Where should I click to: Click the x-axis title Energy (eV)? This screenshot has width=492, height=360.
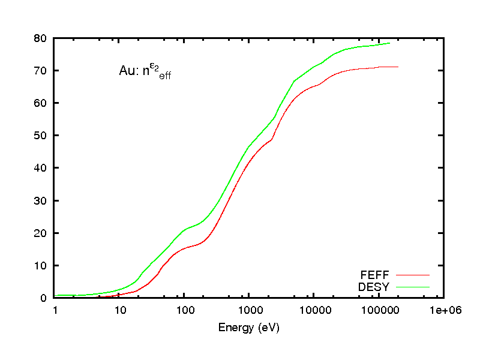click(249, 328)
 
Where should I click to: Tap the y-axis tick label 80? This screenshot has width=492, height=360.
click(41, 38)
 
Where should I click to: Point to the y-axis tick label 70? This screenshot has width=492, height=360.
click(41, 71)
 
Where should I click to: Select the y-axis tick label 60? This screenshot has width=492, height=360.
click(41, 103)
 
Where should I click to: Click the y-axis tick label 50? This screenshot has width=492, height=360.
click(41, 136)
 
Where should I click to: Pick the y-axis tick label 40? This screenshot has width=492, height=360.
click(41, 168)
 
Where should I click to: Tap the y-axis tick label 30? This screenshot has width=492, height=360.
click(41, 200)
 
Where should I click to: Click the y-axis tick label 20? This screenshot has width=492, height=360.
click(41, 233)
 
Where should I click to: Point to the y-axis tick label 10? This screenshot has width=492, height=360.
click(41, 265)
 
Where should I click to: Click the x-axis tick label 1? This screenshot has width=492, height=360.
click(55, 310)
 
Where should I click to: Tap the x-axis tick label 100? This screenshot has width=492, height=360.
click(184, 310)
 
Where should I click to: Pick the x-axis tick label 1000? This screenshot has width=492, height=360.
click(249, 310)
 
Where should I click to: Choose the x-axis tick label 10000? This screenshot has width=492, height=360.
click(314, 310)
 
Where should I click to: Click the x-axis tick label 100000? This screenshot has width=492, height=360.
click(379, 310)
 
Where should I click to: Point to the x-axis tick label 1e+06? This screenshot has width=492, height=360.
click(443, 310)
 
